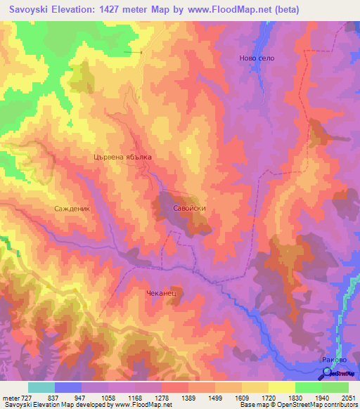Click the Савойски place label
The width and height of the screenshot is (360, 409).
pyautogui.click(x=189, y=209)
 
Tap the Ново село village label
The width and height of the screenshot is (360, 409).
pyautogui.click(x=257, y=58)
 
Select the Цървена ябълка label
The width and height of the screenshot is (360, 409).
pyautogui.click(x=122, y=158)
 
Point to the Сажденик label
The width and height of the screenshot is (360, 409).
pyautogui.click(x=73, y=209)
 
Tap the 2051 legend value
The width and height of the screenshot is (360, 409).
pyautogui.click(x=349, y=397)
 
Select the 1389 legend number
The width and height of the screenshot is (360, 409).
pyautogui.click(x=195, y=397)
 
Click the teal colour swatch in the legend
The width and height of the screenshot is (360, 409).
pyautogui.click(x=41, y=387)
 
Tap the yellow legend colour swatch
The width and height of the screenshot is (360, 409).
pyautogui.click(x=282, y=387)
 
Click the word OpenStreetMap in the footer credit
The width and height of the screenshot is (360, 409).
pyautogui.click(x=333, y=405)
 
